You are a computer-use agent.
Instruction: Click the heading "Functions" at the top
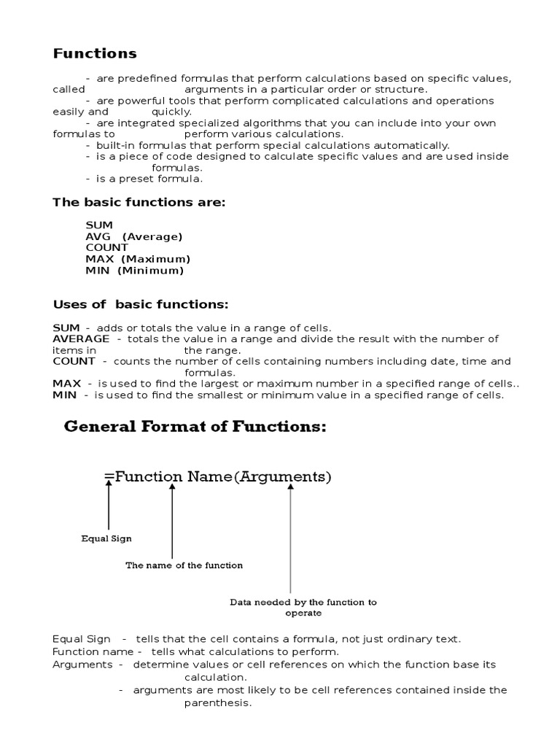coord(95,53)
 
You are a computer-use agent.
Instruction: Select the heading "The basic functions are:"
coord(139,202)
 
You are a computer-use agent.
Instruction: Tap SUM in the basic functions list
coord(99,225)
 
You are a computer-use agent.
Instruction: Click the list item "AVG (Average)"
coord(134,236)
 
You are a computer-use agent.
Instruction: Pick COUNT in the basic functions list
coord(106,247)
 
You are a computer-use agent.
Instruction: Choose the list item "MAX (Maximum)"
coord(138,259)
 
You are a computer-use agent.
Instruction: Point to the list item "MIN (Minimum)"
coord(135,271)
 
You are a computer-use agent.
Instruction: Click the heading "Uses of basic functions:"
coord(141,304)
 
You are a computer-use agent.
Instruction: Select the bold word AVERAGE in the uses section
coord(81,338)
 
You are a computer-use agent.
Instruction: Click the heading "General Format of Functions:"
coord(195,427)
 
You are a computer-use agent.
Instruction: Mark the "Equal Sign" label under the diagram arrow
coord(106,539)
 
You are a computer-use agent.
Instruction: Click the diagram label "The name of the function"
coord(184,565)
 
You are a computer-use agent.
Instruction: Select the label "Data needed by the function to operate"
coord(303,607)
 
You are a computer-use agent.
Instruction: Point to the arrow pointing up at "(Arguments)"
coord(290,540)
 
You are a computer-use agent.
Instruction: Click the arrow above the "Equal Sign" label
coord(109,506)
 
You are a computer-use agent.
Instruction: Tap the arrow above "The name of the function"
coord(172,522)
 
